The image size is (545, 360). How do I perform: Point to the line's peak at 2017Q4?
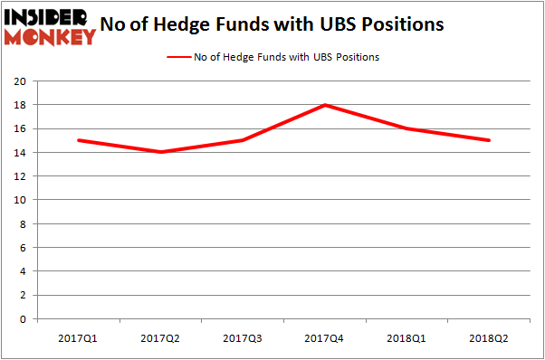tap(324, 105)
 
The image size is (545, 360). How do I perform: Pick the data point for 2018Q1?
tap(407, 128)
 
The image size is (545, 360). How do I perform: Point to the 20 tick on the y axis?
tap(19, 81)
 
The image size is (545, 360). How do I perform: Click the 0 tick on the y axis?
tap(23, 319)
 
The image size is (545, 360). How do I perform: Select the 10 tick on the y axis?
tap(19, 200)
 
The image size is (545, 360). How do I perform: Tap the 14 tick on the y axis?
tap(19, 152)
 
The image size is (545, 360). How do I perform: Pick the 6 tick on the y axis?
tap(23, 248)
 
